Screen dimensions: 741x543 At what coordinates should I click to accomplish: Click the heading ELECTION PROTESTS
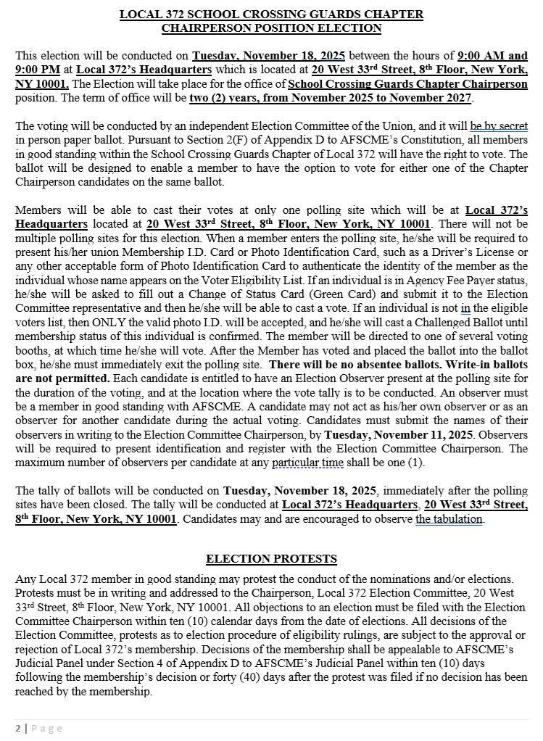(x=271, y=559)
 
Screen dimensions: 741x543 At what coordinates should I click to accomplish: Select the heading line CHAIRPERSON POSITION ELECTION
(x=271, y=28)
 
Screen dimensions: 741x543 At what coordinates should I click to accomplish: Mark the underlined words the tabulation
(x=449, y=519)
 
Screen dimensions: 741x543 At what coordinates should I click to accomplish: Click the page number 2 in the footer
(x=18, y=728)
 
